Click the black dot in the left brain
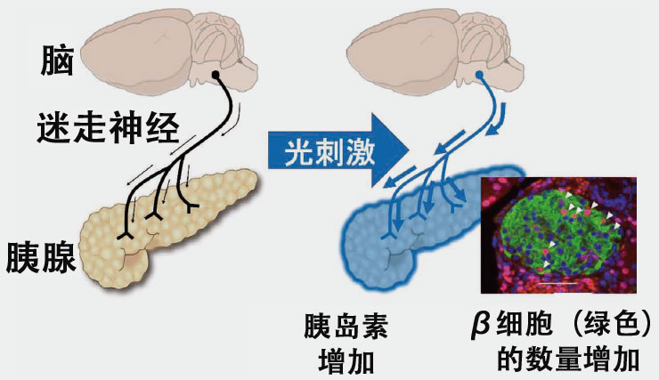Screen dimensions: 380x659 216,75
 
